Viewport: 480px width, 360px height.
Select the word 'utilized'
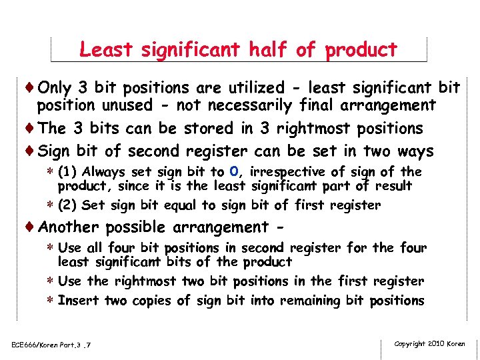click(x=255, y=87)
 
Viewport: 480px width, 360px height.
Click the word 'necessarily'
click(x=250, y=105)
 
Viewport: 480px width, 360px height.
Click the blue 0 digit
click(x=233, y=172)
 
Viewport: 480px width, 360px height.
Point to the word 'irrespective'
click(x=289, y=172)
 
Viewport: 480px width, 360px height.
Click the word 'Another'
click(x=68, y=227)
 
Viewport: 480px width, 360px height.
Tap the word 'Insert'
click(x=79, y=300)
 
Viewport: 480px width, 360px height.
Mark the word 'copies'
click(x=152, y=300)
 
